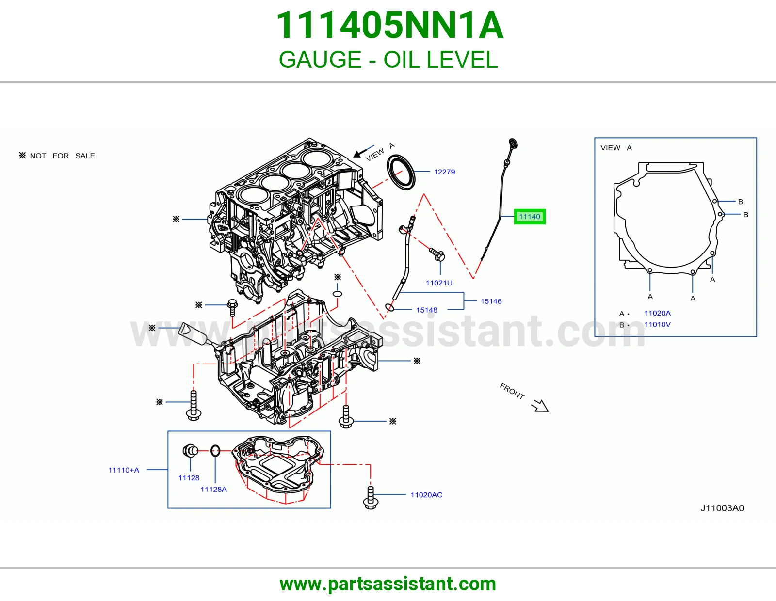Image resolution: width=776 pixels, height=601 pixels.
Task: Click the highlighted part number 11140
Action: tap(530, 217)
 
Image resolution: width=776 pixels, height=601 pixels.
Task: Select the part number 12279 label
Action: tap(444, 172)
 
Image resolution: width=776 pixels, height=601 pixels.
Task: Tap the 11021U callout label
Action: tap(439, 283)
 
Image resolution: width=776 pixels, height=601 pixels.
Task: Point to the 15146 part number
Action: tap(491, 301)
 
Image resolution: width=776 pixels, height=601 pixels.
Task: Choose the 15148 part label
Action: tap(427, 310)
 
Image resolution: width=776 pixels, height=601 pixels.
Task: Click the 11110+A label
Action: tap(124, 470)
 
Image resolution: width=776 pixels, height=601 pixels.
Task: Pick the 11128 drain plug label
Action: tap(189, 477)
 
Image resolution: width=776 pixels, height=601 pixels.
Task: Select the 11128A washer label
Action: tap(213, 490)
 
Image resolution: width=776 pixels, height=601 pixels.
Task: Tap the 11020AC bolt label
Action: tap(426, 495)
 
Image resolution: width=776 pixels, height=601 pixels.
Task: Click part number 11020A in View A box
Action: tap(658, 313)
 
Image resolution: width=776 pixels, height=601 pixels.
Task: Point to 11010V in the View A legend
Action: tap(658, 324)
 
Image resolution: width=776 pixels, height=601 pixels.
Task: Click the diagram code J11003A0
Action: tap(722, 508)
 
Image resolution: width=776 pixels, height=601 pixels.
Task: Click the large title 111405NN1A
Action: tap(389, 25)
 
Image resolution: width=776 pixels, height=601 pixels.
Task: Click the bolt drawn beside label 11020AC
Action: tap(371, 497)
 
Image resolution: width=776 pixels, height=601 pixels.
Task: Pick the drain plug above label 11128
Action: tap(190, 450)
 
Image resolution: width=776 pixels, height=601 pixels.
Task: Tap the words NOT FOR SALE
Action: tap(63, 156)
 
